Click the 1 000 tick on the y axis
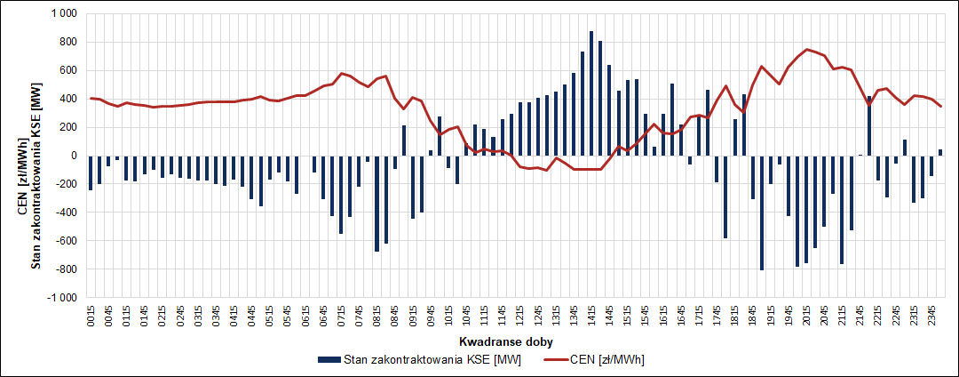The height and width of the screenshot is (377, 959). tap(64, 13)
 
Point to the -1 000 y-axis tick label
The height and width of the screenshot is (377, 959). tap(62, 298)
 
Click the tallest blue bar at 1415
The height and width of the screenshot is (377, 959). tap(591, 93)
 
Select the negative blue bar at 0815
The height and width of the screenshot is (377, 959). tap(376, 204)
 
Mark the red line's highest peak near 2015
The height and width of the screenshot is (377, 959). tap(806, 49)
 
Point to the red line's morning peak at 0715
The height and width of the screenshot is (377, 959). tap(341, 73)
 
